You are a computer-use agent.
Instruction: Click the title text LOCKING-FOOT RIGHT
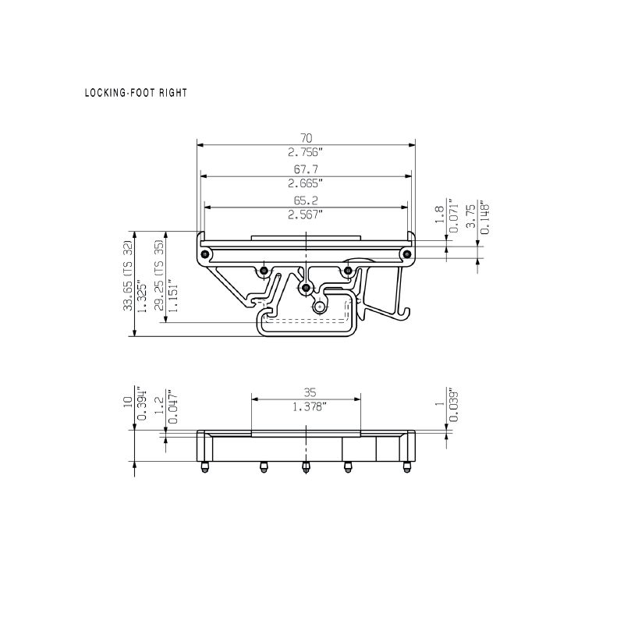tap(136, 93)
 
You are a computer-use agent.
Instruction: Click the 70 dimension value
tap(306, 138)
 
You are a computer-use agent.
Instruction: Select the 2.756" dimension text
tap(305, 152)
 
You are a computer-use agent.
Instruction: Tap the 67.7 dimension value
tap(306, 169)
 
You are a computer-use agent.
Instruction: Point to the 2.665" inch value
tap(305, 183)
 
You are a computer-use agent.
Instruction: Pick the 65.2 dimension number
tap(306, 200)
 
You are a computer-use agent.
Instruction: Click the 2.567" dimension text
tap(305, 214)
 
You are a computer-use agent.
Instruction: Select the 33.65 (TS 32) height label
tap(127, 275)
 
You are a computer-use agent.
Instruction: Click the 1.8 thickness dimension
tap(439, 214)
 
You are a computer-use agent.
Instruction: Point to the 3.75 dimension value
tap(471, 216)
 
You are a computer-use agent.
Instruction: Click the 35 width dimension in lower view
tap(310, 393)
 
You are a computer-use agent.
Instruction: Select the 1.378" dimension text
tap(310, 407)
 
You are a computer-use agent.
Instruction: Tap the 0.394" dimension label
tap(142, 404)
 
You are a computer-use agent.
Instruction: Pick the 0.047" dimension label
tap(173, 406)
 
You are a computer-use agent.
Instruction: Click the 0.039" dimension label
tap(453, 405)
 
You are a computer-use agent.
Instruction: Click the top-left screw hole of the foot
tap(204, 254)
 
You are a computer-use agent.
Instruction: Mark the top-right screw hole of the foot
tap(406, 254)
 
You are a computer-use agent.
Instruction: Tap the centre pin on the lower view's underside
tap(306, 466)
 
